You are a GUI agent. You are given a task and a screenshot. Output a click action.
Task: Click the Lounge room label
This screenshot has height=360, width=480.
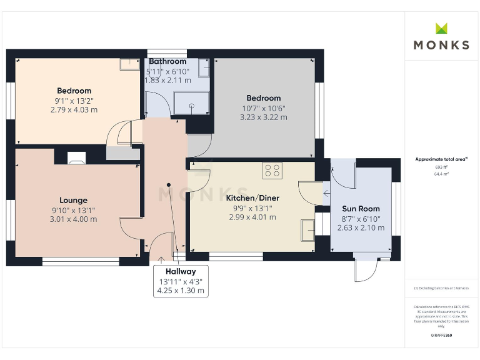tap(74, 201)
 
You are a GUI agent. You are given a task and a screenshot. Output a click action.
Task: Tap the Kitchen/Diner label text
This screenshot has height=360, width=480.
tap(252, 198)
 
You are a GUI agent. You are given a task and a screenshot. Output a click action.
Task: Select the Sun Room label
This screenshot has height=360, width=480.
tap(361, 209)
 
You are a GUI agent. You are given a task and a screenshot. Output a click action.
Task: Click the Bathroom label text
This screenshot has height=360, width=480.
tap(167, 61)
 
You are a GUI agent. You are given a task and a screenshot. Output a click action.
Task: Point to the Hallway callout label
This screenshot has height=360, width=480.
tap(181, 272)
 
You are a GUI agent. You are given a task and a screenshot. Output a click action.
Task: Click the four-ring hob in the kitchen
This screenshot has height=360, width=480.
tap(272, 171)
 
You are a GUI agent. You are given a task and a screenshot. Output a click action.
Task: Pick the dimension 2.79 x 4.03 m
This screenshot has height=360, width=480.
tap(74, 110)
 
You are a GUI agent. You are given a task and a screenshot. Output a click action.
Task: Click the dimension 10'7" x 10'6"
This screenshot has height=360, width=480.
tap(263, 107)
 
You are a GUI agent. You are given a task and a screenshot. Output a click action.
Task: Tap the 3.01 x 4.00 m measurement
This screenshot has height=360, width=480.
tap(74, 219)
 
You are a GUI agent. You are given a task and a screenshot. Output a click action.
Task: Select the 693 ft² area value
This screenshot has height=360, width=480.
tap(442, 167)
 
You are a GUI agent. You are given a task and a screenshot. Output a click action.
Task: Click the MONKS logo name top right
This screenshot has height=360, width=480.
tap(441, 45)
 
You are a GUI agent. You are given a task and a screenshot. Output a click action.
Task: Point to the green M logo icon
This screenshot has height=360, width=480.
tap(441, 28)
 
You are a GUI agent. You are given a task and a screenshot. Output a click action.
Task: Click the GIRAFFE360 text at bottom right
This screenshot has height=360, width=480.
tap(441, 336)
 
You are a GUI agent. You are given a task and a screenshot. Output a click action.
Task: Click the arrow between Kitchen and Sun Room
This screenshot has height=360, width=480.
tap(325, 193)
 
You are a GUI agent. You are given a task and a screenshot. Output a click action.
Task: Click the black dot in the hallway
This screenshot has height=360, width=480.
tap(169, 184)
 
